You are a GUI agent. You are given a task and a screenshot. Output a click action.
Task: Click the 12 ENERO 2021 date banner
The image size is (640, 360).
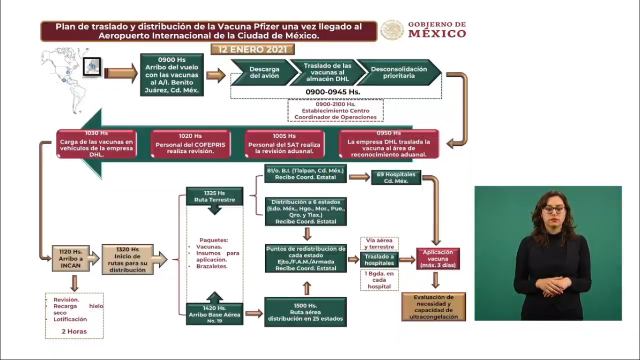pos(253,50)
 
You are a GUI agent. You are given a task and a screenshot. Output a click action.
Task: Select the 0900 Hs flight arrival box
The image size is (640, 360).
pos(172,75)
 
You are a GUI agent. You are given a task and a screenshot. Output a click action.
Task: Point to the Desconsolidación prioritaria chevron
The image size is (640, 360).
pos(399,72)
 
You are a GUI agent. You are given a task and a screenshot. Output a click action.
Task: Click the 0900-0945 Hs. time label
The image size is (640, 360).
pos(333,92)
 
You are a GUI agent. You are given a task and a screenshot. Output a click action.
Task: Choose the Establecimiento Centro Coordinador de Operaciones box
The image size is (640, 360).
pos(335,110)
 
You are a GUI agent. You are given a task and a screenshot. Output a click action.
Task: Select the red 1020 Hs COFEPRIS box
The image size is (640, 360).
pos(190,144)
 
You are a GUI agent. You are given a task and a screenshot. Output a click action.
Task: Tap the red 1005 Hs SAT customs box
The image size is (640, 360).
pos(284,144)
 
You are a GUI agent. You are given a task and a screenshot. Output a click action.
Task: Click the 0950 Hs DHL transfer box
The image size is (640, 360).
pos(388,144)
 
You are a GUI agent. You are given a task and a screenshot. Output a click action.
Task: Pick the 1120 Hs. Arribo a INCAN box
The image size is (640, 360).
pos(71,258)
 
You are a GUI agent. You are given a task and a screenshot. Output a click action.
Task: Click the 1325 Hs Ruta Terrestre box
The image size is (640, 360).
pos(215,196)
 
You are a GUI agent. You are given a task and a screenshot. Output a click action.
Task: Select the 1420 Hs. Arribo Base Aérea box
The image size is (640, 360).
pos(215,314)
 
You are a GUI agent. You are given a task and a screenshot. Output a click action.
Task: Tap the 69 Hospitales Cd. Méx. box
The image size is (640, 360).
pos(396,178)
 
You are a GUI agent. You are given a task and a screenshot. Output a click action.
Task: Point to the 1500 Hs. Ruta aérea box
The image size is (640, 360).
pos(305,312)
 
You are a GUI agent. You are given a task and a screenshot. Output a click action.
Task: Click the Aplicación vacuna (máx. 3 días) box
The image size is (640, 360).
pos(438,259)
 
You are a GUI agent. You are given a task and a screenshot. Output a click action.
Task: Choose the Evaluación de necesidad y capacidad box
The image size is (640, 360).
pos(433,307)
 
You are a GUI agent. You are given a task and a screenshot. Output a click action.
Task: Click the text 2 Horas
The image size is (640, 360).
pos(74,331)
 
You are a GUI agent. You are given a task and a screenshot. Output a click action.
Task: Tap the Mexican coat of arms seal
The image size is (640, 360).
pos(392,30)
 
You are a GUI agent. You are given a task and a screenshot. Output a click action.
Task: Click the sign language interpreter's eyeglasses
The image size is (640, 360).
pos(554,210)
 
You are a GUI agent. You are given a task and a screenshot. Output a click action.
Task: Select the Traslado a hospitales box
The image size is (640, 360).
pos(379,260)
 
